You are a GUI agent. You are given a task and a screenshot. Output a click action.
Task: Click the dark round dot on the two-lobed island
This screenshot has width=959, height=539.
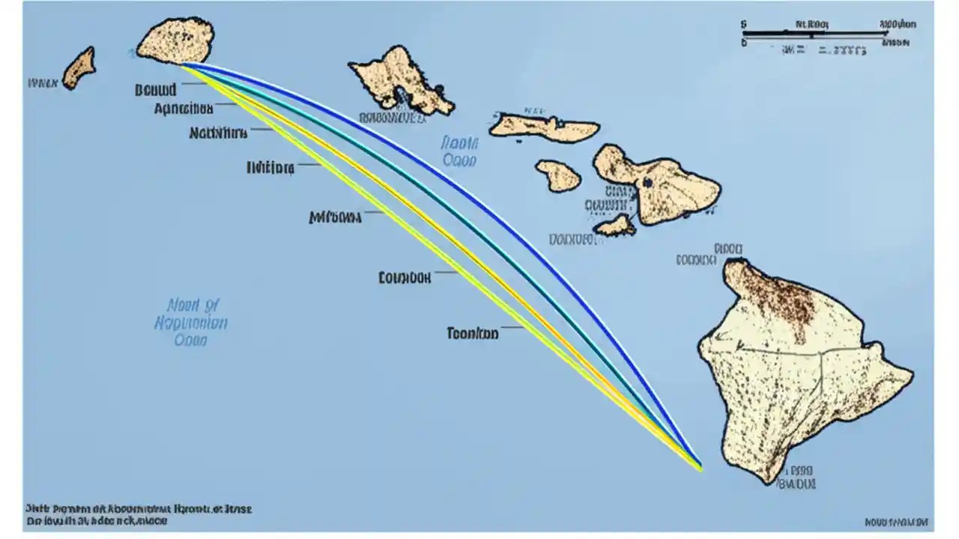pyautogui.click(x=647, y=182)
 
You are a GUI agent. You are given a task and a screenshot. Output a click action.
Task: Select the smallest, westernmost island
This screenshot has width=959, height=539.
pyautogui.click(x=79, y=67)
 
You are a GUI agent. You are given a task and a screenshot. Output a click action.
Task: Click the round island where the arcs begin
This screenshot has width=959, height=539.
pyautogui.click(x=175, y=40)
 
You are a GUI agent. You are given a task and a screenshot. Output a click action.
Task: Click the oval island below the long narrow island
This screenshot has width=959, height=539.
pyautogui.click(x=558, y=175)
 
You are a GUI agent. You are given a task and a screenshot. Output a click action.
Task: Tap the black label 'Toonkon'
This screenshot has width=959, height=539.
pyautogui.click(x=472, y=333)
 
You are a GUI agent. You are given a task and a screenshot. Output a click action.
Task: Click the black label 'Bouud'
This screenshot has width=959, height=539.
pyautogui.click(x=156, y=90)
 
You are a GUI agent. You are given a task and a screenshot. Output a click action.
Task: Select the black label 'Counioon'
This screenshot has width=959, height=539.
pyautogui.click(x=405, y=278)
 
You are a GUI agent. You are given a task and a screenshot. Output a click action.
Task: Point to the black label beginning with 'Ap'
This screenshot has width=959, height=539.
pyautogui.click(x=184, y=109)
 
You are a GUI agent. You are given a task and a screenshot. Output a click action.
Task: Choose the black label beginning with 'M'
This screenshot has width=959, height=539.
pyautogui.click(x=335, y=217)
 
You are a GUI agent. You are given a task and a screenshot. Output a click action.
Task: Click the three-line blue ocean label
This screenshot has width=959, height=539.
pyautogui.click(x=191, y=323)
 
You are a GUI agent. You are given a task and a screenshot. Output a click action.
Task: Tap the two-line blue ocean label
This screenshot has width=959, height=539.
pyautogui.click(x=459, y=150)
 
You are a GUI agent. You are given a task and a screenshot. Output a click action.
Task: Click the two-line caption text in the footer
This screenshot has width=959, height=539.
pyautogui.click(x=139, y=515)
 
